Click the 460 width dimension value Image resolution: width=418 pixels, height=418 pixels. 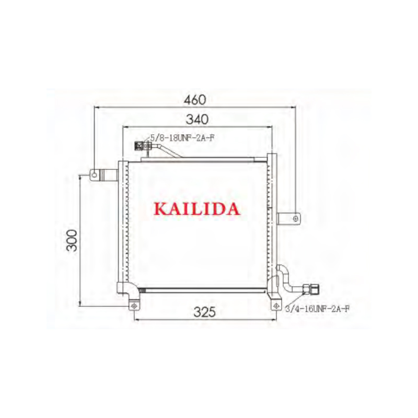(195, 99)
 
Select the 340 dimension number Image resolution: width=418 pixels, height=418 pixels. (197, 119)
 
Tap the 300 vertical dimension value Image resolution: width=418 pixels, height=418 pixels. (73, 240)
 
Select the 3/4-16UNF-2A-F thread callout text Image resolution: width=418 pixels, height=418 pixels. (317, 309)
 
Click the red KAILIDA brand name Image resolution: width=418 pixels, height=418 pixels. (197, 209)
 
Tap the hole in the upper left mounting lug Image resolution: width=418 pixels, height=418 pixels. (94, 175)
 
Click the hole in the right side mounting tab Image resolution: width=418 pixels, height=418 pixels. (296, 217)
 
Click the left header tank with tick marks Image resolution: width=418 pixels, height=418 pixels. (123, 225)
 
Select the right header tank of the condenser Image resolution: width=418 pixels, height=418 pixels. (271, 219)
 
